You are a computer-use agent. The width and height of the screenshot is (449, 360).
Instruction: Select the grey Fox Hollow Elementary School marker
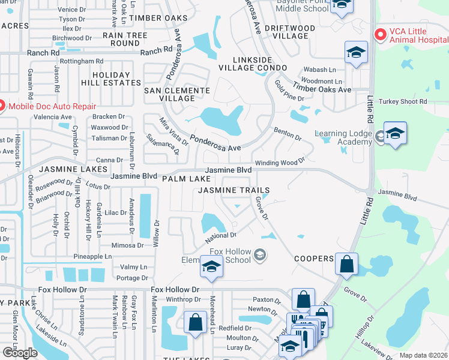tap(260, 256)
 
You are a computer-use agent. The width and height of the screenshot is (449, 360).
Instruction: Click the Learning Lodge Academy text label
tap(343, 137)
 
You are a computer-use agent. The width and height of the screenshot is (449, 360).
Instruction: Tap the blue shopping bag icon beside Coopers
tap(347, 264)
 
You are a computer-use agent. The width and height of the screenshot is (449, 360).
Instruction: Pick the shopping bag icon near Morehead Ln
tap(196, 323)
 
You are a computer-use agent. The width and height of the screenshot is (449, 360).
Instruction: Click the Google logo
tap(20, 353)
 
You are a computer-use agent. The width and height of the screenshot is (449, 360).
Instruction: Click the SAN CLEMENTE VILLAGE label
tap(177, 94)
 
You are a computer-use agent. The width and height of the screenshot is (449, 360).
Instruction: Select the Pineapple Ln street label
tap(92, 256)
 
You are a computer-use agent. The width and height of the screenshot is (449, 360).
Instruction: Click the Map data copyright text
tap(424, 355)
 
